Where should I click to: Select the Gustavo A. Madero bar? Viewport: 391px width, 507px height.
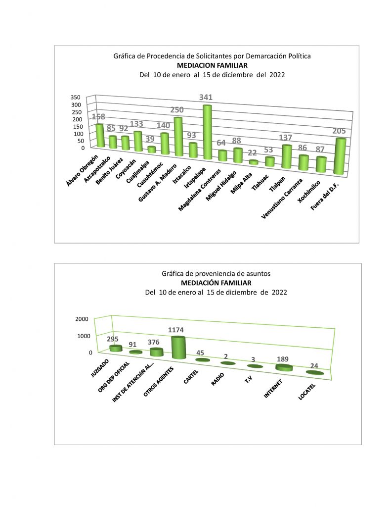(x=178, y=136)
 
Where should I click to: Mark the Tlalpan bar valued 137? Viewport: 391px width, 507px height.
(x=286, y=156)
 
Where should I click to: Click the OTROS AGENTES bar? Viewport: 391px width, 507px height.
(x=178, y=348)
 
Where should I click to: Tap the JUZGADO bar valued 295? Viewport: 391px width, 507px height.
(x=116, y=348)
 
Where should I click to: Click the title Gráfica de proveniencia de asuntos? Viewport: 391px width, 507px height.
(x=216, y=273)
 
